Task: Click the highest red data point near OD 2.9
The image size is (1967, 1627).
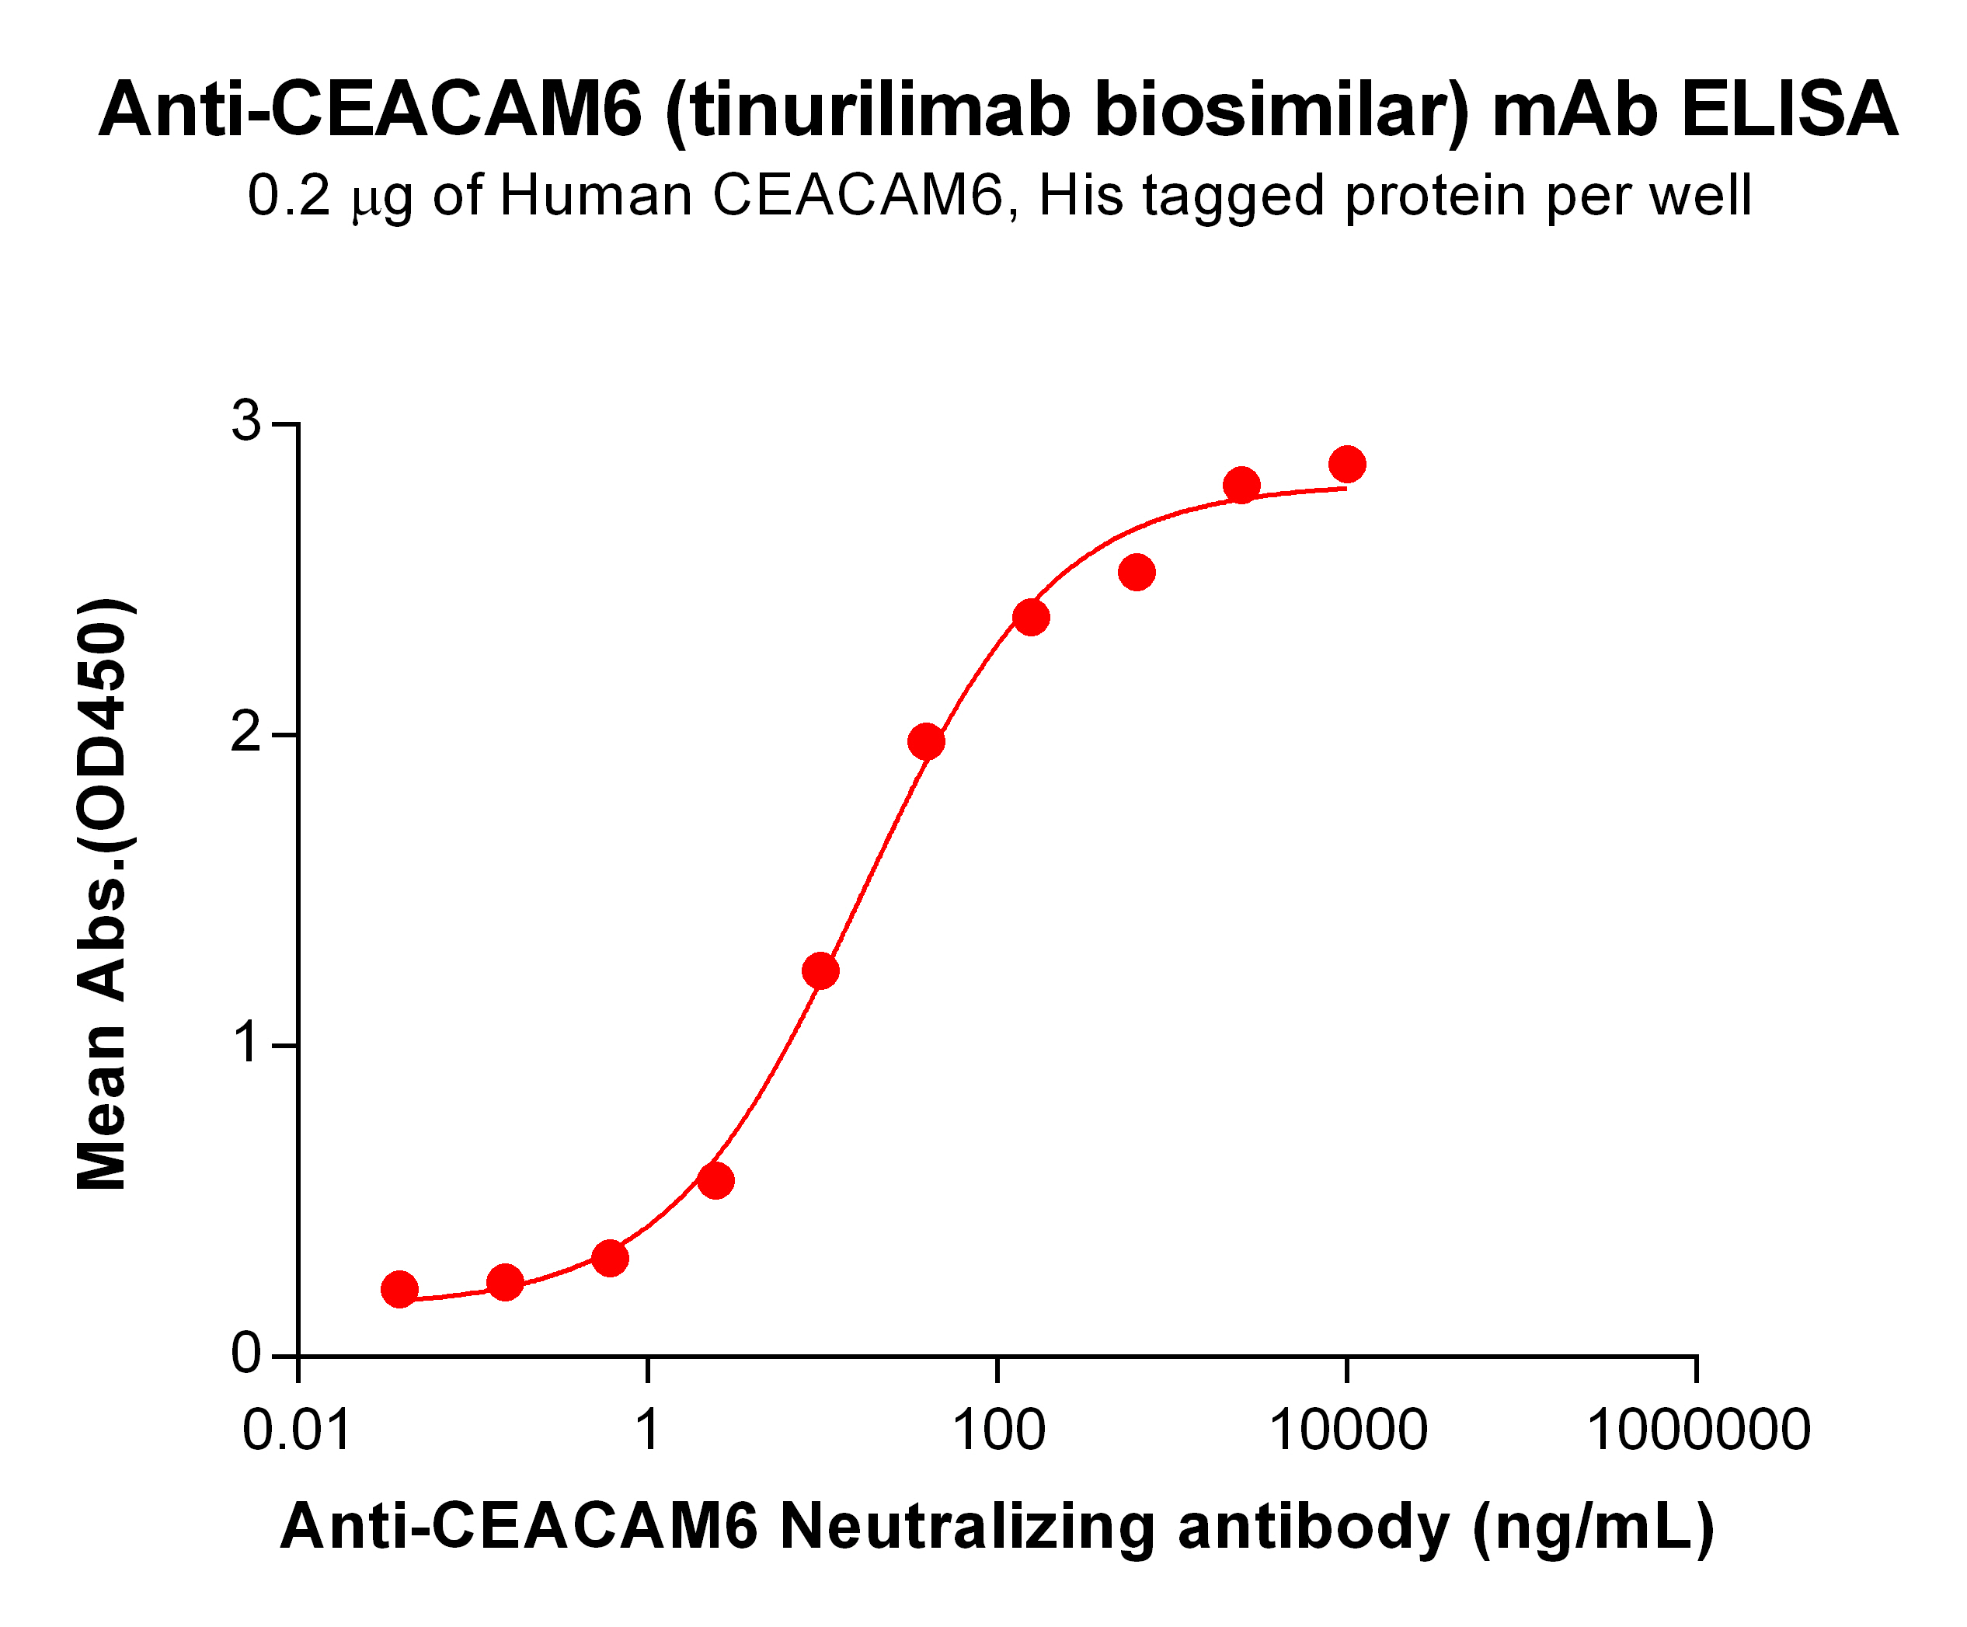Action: pos(1347,464)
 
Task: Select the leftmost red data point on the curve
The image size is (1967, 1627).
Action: pos(400,1290)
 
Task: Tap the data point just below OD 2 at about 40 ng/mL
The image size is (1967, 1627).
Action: pos(926,742)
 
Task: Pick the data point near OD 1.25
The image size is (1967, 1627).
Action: pos(821,971)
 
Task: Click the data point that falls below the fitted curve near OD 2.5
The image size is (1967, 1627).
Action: pos(1137,573)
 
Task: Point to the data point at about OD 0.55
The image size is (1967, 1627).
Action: pos(716,1181)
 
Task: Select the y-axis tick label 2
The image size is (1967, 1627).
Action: pos(247,733)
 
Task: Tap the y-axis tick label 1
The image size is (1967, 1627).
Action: pos(247,1043)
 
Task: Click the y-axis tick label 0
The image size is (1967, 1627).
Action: pos(247,1354)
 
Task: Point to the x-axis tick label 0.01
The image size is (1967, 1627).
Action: pos(297,1430)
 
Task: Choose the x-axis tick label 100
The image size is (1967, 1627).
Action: pos(998,1430)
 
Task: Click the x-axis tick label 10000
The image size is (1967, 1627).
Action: pos(1348,1430)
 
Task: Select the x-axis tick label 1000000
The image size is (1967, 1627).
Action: pos(1698,1430)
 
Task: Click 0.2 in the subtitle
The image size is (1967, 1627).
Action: pos(288,197)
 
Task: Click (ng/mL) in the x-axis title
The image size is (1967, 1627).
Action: pos(1593,1528)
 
